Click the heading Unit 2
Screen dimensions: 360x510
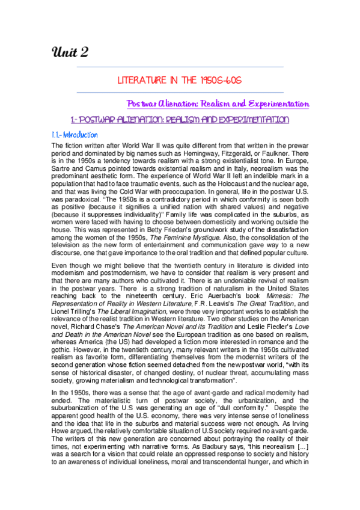coord(70,53)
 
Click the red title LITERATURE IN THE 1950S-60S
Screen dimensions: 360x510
coord(180,80)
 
